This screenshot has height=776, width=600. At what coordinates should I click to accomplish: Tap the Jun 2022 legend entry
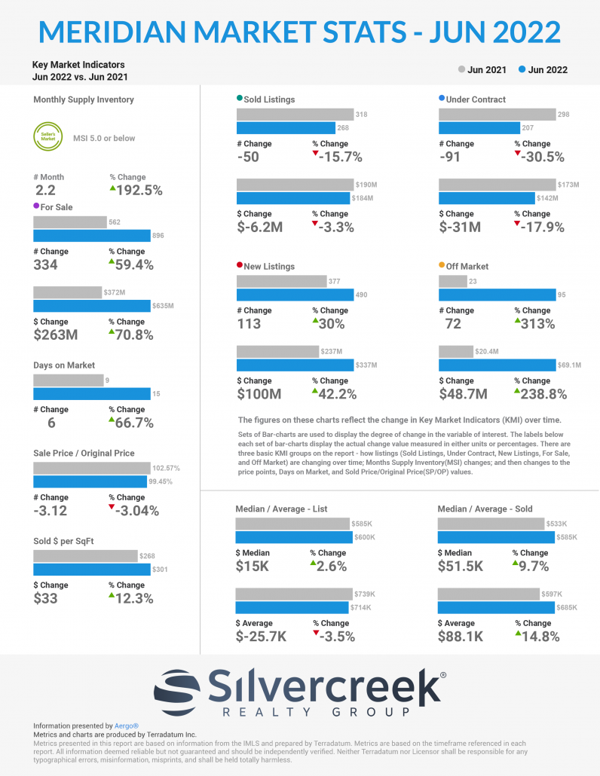(x=543, y=70)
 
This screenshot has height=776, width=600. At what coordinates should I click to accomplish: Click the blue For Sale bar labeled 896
(x=92, y=236)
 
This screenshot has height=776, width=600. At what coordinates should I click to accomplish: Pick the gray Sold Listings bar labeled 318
(x=296, y=115)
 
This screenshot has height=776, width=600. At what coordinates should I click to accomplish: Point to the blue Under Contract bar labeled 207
(x=479, y=128)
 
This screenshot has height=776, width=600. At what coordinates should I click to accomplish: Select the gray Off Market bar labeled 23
(x=452, y=281)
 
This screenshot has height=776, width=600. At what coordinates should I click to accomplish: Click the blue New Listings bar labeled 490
(x=295, y=295)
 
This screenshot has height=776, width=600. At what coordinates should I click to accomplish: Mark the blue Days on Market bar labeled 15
(x=92, y=394)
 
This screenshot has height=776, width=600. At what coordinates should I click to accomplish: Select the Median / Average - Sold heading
(x=485, y=509)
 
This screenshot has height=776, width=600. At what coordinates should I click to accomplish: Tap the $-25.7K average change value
(x=261, y=637)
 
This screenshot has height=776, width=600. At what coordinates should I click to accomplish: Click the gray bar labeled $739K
(x=293, y=594)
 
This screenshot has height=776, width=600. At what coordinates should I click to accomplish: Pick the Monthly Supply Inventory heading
(x=84, y=99)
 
